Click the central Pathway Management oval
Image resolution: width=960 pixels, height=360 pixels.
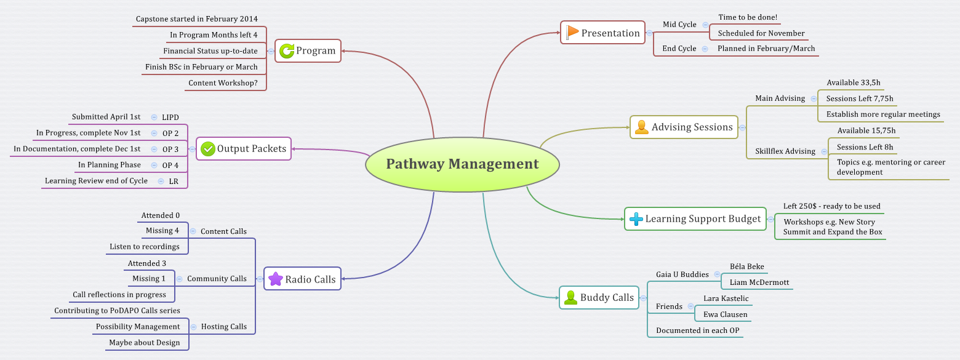tap(462, 164)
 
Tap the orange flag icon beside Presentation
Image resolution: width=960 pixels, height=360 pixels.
tap(572, 33)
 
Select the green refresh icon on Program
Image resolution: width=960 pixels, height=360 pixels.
tap(287, 50)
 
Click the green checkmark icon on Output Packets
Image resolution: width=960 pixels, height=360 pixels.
tap(208, 148)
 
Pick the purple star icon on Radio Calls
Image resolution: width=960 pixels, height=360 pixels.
tap(276, 279)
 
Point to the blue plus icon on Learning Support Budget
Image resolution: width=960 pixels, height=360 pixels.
tap(636, 219)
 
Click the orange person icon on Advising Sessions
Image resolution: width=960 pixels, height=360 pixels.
tap(642, 127)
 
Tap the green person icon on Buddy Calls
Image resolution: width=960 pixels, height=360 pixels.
tap(570, 298)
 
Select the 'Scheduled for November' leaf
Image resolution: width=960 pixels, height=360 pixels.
tap(761, 33)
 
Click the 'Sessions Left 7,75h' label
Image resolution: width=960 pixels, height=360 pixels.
tap(859, 98)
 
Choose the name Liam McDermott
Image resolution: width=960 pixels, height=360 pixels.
tap(759, 282)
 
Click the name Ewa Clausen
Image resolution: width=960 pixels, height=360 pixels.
tap(725, 314)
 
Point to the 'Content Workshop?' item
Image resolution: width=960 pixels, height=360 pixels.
tap(223, 83)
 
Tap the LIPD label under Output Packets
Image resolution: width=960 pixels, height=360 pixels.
tap(170, 117)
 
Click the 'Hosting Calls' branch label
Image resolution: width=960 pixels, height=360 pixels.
tap(224, 327)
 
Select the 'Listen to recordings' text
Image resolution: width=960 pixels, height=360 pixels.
tap(145, 247)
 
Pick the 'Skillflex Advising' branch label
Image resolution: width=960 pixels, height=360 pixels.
tap(785, 151)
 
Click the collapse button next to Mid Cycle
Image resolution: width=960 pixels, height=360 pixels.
tap(705, 25)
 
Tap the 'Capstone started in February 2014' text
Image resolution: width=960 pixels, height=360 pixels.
tap(197, 19)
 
